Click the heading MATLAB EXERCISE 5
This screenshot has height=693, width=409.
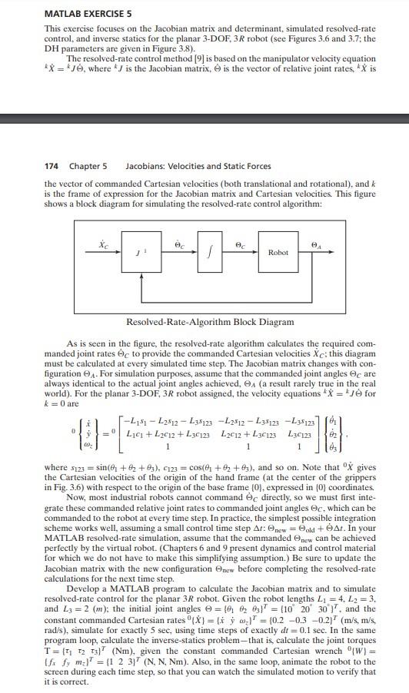coord(78,13)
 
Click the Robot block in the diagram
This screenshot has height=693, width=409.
coord(278,253)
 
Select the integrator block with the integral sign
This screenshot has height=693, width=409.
coord(205,253)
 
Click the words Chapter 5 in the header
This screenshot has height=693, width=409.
coord(88,166)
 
